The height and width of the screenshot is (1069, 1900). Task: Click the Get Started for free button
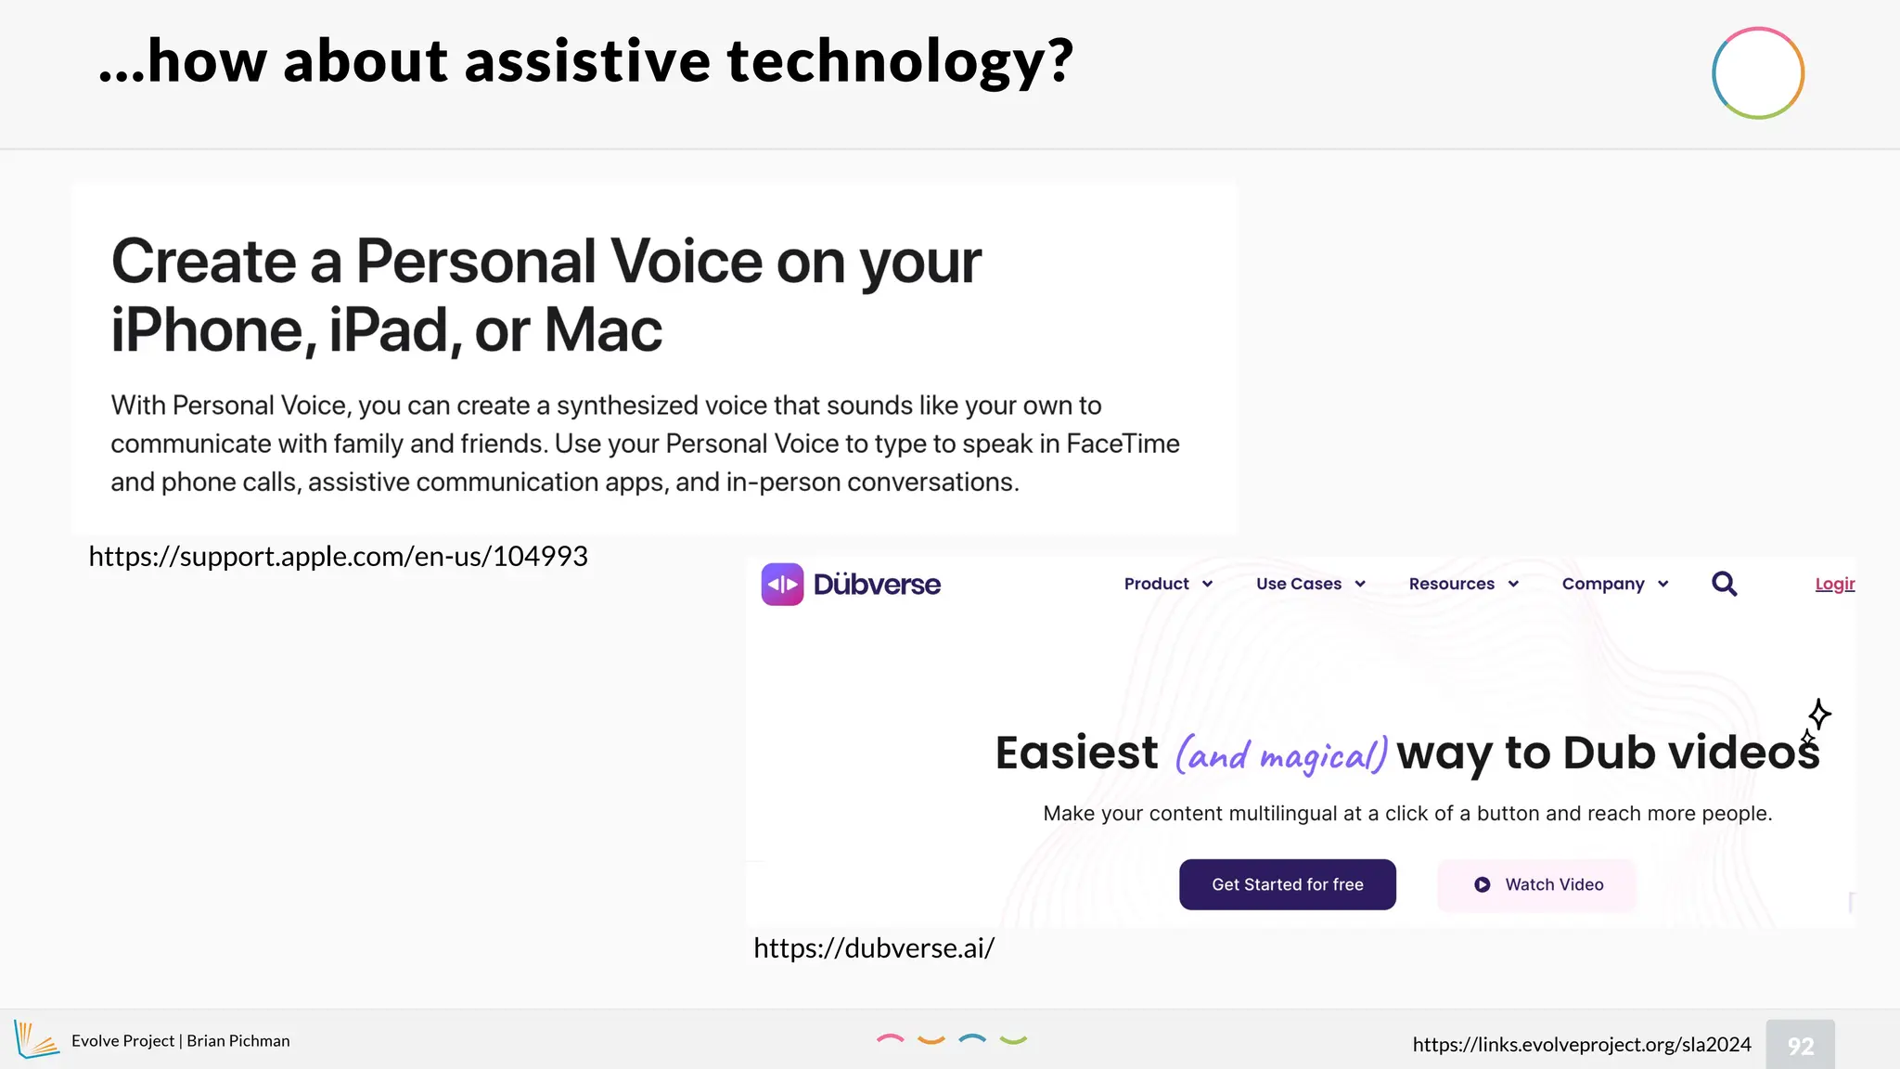(1287, 884)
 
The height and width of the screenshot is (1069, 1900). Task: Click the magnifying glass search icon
(1724, 584)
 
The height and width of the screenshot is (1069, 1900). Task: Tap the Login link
(1834, 584)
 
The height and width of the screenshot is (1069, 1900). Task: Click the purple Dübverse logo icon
(782, 584)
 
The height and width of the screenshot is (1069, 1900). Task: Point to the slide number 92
(1800, 1046)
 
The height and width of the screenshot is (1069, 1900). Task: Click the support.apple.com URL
(338, 556)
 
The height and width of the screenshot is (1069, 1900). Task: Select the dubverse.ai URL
(874, 947)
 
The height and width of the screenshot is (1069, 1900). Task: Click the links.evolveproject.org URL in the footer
(1581, 1044)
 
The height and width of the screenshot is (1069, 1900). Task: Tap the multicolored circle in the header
(1757, 73)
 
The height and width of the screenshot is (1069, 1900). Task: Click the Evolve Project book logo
(36, 1039)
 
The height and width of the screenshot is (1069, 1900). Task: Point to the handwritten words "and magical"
(1281, 754)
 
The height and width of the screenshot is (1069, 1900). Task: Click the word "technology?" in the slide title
(899, 61)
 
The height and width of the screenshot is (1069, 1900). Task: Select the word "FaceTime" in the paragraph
(1123, 444)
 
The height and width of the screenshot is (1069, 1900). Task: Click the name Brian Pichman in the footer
(238, 1041)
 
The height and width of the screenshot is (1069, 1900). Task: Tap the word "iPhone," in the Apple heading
(214, 330)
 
